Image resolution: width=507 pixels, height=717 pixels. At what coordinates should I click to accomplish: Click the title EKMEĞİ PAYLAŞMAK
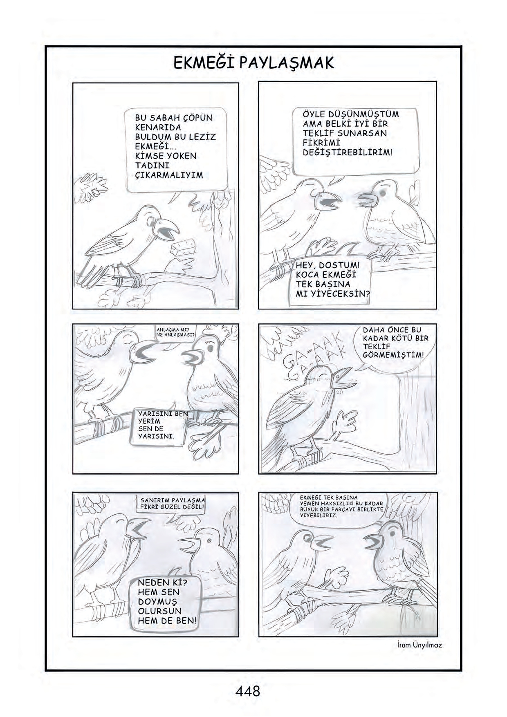[253, 63]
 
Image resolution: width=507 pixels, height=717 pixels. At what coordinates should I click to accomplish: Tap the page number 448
[248, 691]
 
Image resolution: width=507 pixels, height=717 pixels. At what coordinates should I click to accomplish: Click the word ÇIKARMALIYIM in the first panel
[169, 175]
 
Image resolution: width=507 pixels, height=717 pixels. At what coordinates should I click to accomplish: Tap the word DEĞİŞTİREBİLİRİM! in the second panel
[348, 152]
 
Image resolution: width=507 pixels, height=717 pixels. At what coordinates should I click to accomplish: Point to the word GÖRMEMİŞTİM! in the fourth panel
[393, 354]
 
